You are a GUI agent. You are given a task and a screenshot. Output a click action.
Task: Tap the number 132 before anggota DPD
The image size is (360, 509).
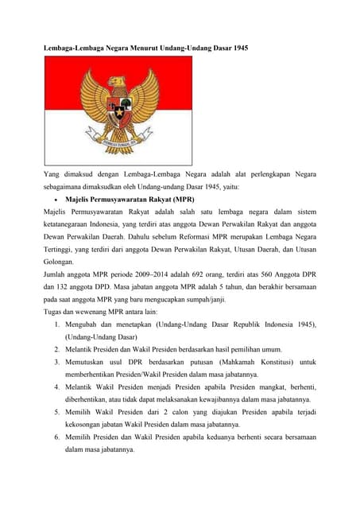[66, 289]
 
